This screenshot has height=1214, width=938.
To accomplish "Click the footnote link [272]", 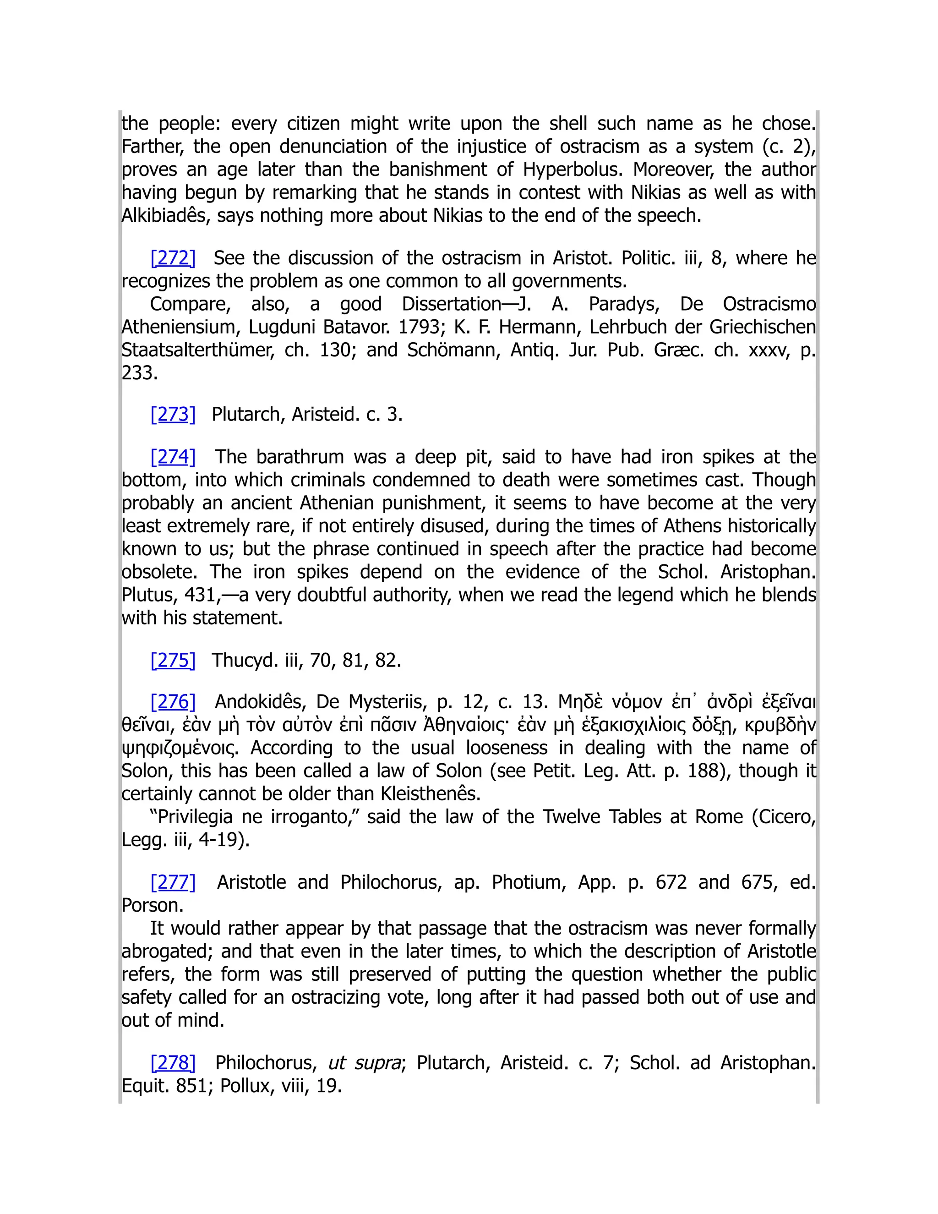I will tap(173, 258).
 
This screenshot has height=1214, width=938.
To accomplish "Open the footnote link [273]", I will tap(173, 415).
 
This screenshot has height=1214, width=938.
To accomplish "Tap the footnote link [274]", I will tap(173, 457).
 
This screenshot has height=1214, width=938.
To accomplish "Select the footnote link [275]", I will tap(173, 660).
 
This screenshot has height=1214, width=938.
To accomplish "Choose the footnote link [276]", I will tap(173, 702).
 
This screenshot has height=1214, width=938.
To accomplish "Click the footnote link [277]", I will tap(173, 882).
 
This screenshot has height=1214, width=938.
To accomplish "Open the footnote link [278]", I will tap(173, 1062).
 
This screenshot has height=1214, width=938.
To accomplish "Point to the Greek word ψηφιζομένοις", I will tap(180, 748).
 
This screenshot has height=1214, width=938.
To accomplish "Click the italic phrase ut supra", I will tap(365, 1063).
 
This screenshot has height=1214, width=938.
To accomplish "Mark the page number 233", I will tap(140, 373).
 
